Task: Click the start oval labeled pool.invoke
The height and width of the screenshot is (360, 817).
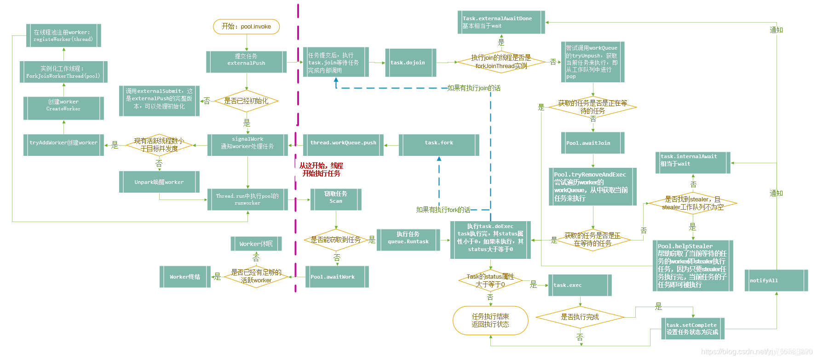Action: pyautogui.click(x=246, y=27)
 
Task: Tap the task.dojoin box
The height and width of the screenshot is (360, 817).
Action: pyautogui.click(x=410, y=63)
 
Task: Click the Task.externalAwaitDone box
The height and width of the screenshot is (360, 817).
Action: pyautogui.click(x=501, y=22)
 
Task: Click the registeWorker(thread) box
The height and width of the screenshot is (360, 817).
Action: pyautogui.click(x=63, y=35)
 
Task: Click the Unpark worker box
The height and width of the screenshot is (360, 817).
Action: pyautogui.click(x=159, y=182)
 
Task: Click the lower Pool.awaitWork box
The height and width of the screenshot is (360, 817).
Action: pyautogui.click(x=337, y=276)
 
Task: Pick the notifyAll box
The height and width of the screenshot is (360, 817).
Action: pyautogui.click(x=776, y=280)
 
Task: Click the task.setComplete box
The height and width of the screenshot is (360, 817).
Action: pyautogui.click(x=692, y=328)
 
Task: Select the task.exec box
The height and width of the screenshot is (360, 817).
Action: pyautogui.click(x=580, y=285)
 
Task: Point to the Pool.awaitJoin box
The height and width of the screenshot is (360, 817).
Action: pyautogui.click(x=593, y=143)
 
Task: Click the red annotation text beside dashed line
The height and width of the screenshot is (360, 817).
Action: pyautogui.click(x=321, y=169)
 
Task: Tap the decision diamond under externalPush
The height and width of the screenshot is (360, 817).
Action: pyautogui.click(x=246, y=101)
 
